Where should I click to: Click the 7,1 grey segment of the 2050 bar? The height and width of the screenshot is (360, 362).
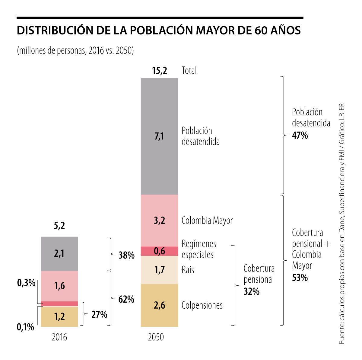click(159, 137)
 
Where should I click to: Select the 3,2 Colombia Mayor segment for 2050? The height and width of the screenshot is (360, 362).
click(159, 220)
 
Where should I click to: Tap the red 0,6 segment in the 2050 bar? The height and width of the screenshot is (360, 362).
click(159, 251)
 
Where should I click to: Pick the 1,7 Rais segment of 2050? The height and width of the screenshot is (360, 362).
click(159, 270)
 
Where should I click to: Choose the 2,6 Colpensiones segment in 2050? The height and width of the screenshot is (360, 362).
click(159, 305)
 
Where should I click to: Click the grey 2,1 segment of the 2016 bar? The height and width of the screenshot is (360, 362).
click(59, 253)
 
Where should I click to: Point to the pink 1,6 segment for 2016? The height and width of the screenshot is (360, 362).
click(59, 286)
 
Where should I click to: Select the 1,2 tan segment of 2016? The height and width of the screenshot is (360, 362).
click(59, 317)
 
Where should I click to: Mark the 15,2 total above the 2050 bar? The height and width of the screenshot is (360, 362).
click(159, 71)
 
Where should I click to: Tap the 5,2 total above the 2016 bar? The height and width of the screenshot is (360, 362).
click(59, 226)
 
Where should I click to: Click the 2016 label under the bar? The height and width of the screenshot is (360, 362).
click(59, 337)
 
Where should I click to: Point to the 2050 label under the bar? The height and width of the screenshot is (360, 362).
click(156, 337)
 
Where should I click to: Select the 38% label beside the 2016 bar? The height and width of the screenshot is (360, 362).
click(126, 256)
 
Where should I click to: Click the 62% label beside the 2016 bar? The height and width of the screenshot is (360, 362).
click(126, 300)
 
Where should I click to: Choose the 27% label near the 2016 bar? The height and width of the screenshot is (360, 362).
click(99, 315)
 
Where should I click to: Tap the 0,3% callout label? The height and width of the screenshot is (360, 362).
click(26, 283)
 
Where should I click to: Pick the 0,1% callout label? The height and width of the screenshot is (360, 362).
click(25, 327)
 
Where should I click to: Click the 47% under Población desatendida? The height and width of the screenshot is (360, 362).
click(300, 136)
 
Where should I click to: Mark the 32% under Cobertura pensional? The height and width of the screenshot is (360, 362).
click(252, 291)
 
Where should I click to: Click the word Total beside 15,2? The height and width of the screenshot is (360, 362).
click(189, 71)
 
